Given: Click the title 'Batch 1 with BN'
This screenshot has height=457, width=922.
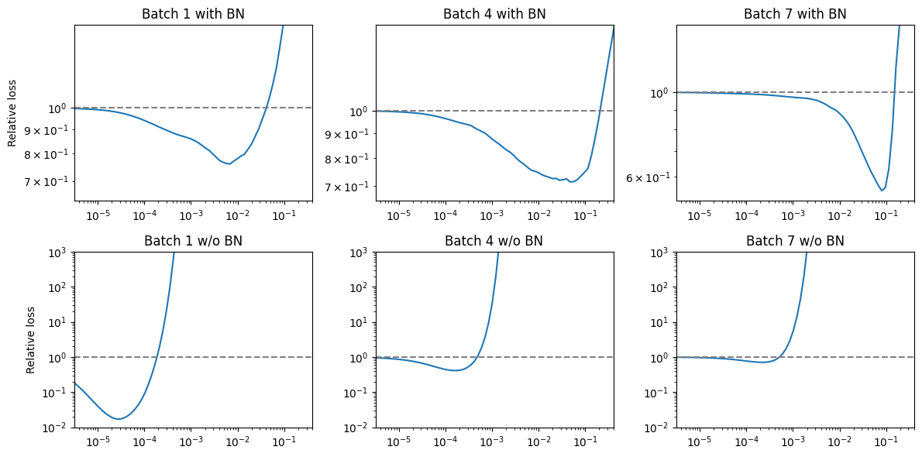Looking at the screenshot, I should pyautogui.click(x=193, y=14).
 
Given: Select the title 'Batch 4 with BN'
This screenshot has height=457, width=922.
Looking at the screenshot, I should pyautogui.click(x=494, y=14).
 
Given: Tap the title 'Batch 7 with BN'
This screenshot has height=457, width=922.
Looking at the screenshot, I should pyautogui.click(x=795, y=14).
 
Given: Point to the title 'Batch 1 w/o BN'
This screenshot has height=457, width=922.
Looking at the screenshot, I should pyautogui.click(x=193, y=241).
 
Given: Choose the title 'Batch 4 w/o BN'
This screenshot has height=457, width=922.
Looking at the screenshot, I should pyautogui.click(x=494, y=241).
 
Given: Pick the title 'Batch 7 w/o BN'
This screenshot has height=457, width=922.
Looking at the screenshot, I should pyautogui.click(x=795, y=241).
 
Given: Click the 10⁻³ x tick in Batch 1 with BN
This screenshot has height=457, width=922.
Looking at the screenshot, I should pyautogui.click(x=191, y=215).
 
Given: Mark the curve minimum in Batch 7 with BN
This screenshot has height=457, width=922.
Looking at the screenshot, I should pyautogui.click(x=882, y=191).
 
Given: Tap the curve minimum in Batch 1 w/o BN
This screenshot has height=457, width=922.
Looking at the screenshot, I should pyautogui.click(x=119, y=419).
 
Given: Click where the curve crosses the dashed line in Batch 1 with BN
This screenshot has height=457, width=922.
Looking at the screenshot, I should pyautogui.click(x=266, y=108).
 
